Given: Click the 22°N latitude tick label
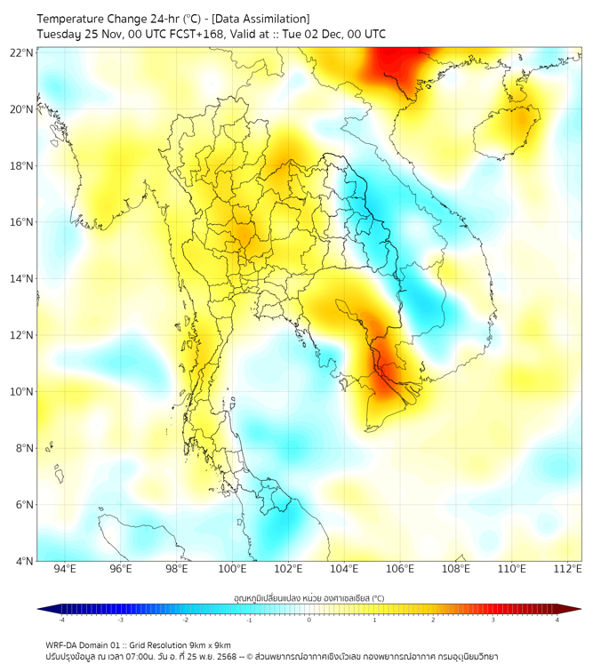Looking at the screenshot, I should tap(22, 52).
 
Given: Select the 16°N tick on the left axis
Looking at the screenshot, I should tap(22, 222).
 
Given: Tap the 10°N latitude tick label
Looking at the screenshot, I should tap(22, 392).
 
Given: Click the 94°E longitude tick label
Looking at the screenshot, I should tap(65, 570).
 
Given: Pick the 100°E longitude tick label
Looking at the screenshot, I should tap(233, 570).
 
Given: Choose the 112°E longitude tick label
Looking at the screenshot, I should tap(568, 570).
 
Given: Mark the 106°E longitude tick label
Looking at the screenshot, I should tap(401, 570).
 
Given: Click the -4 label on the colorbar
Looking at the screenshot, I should tap(61, 620).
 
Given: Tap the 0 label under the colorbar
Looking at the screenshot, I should tap(309, 620).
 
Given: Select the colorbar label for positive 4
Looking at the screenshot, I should tap(557, 620).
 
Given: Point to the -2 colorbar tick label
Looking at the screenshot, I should tap(185, 620).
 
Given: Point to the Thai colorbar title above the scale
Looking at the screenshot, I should tap(309, 598).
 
